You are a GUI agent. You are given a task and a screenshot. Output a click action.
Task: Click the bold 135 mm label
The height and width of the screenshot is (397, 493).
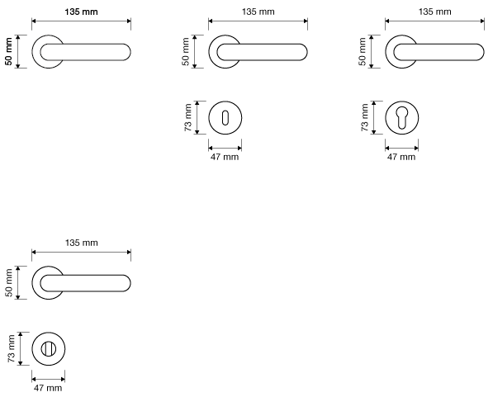(x=81, y=12)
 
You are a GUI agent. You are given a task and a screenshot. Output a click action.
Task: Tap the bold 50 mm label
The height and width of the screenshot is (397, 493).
(x=9, y=51)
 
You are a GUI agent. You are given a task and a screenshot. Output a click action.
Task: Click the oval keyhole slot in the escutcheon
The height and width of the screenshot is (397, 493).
(x=225, y=118)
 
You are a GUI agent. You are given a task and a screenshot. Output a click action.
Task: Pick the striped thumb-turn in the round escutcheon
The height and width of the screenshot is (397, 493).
(x=49, y=349)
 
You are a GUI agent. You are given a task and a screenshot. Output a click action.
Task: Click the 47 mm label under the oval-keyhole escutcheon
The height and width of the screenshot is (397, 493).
(x=225, y=157)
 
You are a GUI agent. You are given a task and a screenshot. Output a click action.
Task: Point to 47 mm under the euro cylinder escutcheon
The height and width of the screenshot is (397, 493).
(x=401, y=157)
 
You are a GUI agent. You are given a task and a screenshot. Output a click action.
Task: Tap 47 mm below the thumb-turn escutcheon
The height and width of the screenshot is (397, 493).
(x=48, y=388)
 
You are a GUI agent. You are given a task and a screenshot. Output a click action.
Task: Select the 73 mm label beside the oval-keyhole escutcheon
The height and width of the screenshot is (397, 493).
(x=188, y=117)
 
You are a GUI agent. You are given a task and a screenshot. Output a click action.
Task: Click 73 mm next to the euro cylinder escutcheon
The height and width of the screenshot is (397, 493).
(x=365, y=117)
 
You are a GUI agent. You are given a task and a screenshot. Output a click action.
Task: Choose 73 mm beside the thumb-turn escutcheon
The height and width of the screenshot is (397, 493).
(x=12, y=348)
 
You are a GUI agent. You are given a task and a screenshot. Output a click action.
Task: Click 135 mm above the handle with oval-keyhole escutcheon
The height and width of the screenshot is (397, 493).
(x=258, y=12)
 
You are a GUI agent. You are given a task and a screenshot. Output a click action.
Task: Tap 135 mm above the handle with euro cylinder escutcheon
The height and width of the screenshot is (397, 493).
(x=434, y=12)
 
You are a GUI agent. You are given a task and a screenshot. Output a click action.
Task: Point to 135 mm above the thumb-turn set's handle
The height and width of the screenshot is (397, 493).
(x=81, y=243)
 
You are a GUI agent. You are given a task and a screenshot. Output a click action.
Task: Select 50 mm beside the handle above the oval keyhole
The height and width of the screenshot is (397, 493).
(x=186, y=51)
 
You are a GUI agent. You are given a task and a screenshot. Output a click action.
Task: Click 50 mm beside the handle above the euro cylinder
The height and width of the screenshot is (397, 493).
(x=363, y=51)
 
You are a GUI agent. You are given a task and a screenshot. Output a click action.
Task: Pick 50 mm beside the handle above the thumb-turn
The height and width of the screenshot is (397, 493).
(x=9, y=282)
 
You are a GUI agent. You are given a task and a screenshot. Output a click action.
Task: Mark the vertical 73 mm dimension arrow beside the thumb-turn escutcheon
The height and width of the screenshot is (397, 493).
(x=21, y=348)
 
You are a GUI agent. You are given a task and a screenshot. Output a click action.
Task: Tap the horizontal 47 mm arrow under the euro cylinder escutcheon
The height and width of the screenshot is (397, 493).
(x=402, y=148)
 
